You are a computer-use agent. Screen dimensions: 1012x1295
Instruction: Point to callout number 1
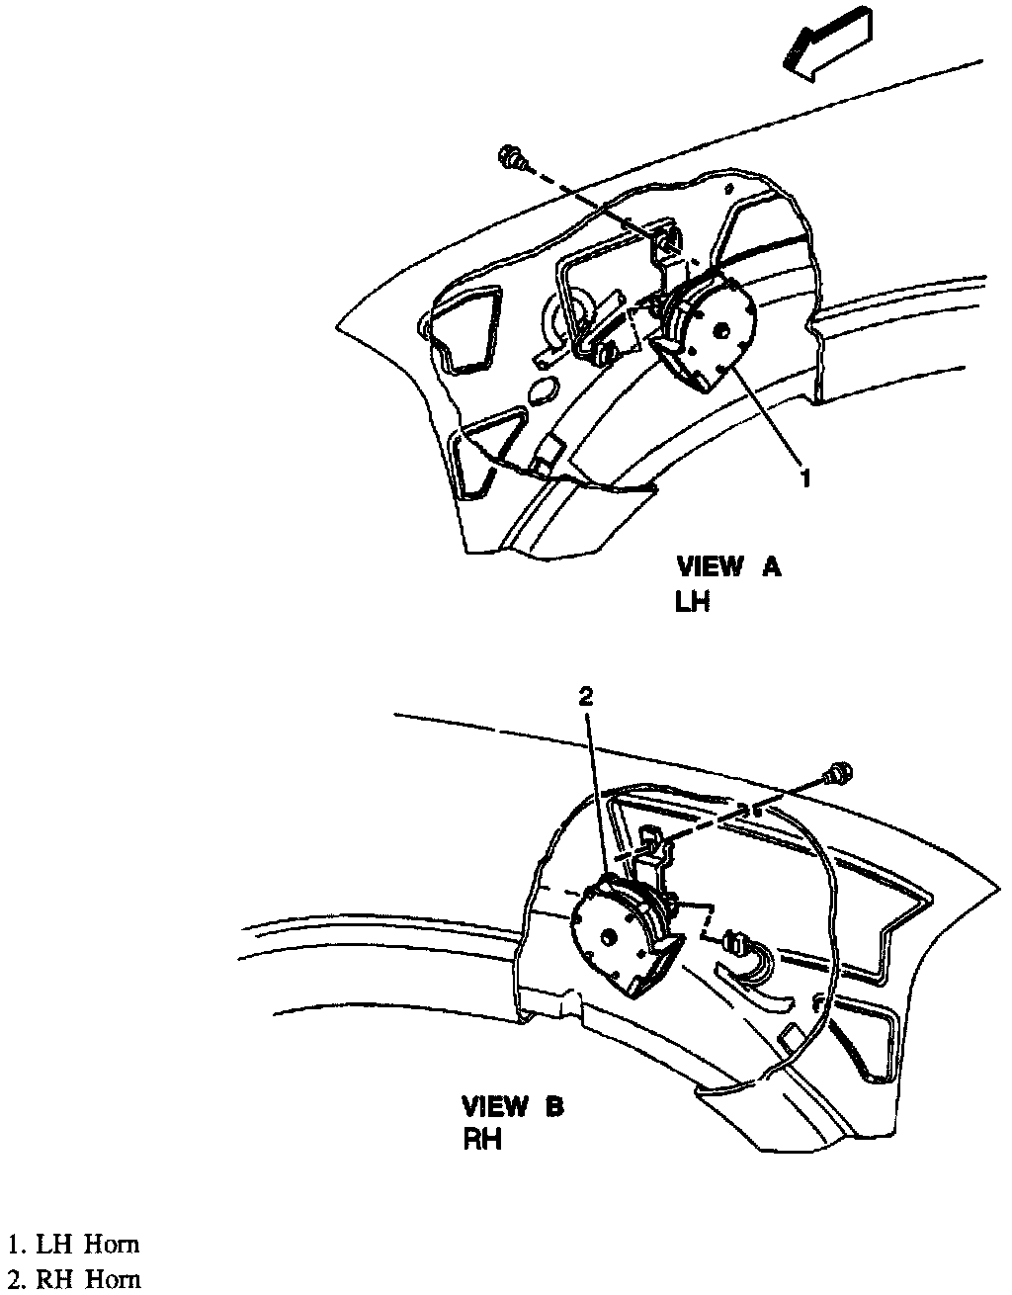pos(805,478)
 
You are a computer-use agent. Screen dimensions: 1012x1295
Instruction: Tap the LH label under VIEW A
pos(694,602)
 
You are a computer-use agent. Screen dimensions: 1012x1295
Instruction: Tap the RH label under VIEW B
pos(483,1140)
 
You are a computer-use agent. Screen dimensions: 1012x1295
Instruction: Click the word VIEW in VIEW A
pos(710,567)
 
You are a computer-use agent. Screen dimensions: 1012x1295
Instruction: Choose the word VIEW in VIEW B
pos(495,1106)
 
